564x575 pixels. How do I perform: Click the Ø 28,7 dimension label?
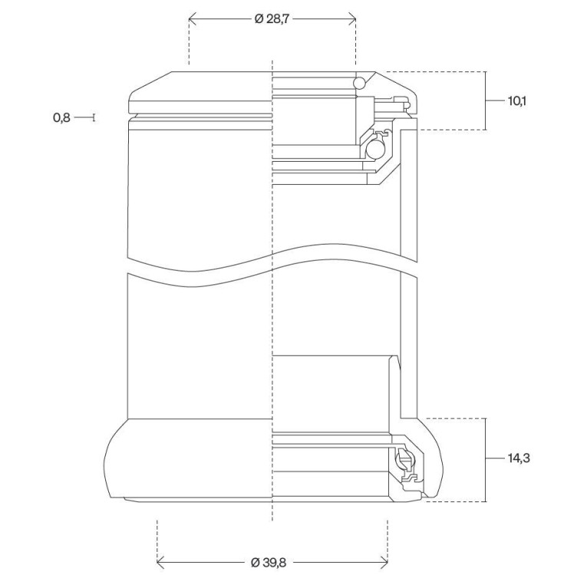[x=272, y=18]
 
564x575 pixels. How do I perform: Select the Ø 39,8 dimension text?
[x=269, y=562]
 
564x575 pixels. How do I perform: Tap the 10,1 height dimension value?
[x=516, y=101]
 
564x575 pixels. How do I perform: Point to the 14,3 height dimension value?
[x=519, y=458]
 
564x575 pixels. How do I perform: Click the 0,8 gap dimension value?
[x=61, y=118]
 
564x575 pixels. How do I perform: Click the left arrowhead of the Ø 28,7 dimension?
[x=193, y=18]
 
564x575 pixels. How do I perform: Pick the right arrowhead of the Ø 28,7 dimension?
[x=352, y=18]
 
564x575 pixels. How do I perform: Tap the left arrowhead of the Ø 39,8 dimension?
[x=160, y=562]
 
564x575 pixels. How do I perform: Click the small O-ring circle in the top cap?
[x=360, y=84]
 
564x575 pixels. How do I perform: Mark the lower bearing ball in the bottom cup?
[x=404, y=459]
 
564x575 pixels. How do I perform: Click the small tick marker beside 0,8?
[x=94, y=118]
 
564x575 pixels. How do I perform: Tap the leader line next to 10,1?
[x=496, y=100]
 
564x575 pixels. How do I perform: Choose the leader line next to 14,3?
[x=496, y=458]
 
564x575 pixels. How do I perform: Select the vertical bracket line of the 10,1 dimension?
[x=486, y=100]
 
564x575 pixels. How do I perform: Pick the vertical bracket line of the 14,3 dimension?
[x=486, y=460]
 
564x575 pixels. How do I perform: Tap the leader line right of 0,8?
[x=84, y=118]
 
